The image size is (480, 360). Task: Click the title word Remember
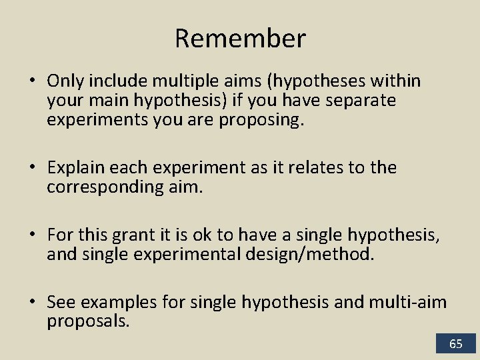[x=240, y=39]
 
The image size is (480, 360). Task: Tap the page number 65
[x=456, y=344]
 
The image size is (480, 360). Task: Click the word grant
[x=134, y=235]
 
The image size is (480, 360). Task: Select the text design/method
[x=313, y=254]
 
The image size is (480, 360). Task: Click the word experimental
[x=181, y=254]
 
